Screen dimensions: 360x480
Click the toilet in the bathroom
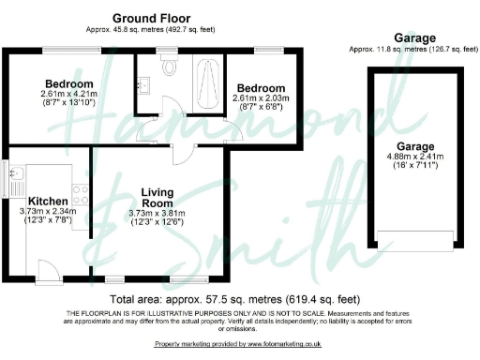pos(170,67)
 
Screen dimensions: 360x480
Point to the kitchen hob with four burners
pos(81,196)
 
